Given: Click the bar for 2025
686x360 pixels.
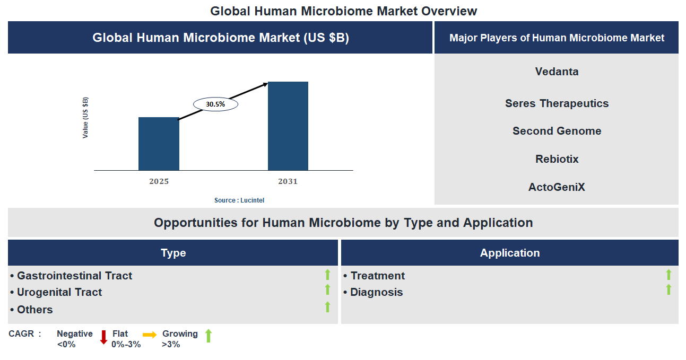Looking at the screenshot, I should [159, 144].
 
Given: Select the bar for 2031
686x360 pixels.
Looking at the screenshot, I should [288, 126].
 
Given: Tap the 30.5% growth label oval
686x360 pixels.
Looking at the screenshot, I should [215, 104].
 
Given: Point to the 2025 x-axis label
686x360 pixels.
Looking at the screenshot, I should [159, 181].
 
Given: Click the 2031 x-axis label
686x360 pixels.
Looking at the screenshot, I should [288, 181].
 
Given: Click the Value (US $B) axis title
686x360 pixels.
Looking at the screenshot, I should [85, 118].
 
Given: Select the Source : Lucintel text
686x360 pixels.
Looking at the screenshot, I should [239, 200].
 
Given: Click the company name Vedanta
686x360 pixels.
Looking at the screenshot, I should [557, 72].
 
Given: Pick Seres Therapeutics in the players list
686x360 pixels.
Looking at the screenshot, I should [557, 103].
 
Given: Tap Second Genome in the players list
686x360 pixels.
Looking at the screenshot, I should [557, 131].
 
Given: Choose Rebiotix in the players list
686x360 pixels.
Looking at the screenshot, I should [557, 159].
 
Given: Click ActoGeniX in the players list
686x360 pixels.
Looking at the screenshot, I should [557, 187].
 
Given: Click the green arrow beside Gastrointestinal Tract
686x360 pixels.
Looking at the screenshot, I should [327, 275].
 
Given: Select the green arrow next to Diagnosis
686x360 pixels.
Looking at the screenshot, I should [668, 289].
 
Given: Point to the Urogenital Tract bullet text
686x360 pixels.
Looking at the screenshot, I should [59, 292].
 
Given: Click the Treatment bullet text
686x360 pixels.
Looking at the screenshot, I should [377, 276].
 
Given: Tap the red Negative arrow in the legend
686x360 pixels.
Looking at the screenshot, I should [103, 337].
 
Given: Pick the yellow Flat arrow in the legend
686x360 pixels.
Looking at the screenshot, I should [150, 335].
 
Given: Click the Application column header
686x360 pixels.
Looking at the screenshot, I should [509, 253].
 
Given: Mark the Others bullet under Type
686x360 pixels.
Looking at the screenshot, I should [34, 310].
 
